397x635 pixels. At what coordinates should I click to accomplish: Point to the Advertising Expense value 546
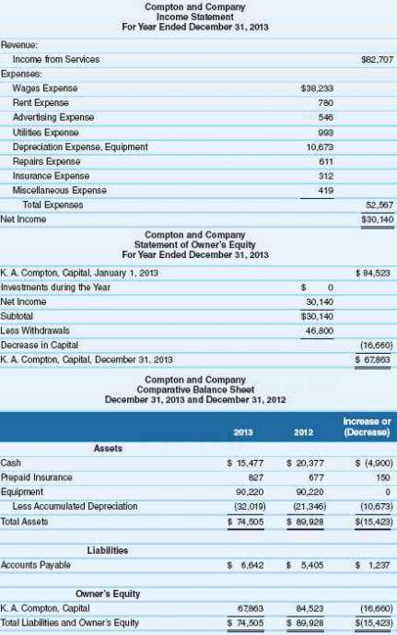323,118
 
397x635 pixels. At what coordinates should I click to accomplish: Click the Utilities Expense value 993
323,133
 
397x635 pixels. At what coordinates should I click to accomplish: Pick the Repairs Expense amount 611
323,161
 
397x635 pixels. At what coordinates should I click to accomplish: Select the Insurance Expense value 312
323,176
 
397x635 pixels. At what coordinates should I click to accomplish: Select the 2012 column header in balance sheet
303,429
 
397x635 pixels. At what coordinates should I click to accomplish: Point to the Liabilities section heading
109,550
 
